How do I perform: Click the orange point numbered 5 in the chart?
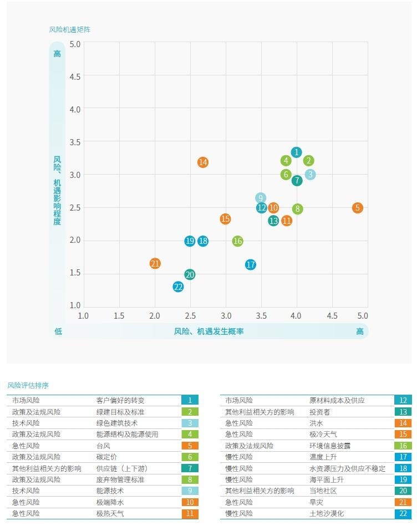pos(358,208)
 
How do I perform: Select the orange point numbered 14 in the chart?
pos(203,162)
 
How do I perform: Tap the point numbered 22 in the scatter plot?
pos(178,287)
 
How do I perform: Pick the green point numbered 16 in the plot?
pos(238,241)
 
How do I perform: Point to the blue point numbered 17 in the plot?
pos(251,265)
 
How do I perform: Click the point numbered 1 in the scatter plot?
pos(297,152)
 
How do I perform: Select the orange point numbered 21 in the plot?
pos(155,264)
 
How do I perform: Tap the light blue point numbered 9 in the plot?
pos(261,198)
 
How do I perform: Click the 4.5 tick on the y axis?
pos(75,76)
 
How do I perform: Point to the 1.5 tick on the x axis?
pos(119,315)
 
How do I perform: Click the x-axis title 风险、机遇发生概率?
pos(209,331)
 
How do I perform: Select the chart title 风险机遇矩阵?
pos(69,29)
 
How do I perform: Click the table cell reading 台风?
pos(103,446)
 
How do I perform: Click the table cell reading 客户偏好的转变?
pos(120,400)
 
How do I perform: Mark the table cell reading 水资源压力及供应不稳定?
pos(347,468)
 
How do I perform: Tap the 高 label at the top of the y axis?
pos(57,54)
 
